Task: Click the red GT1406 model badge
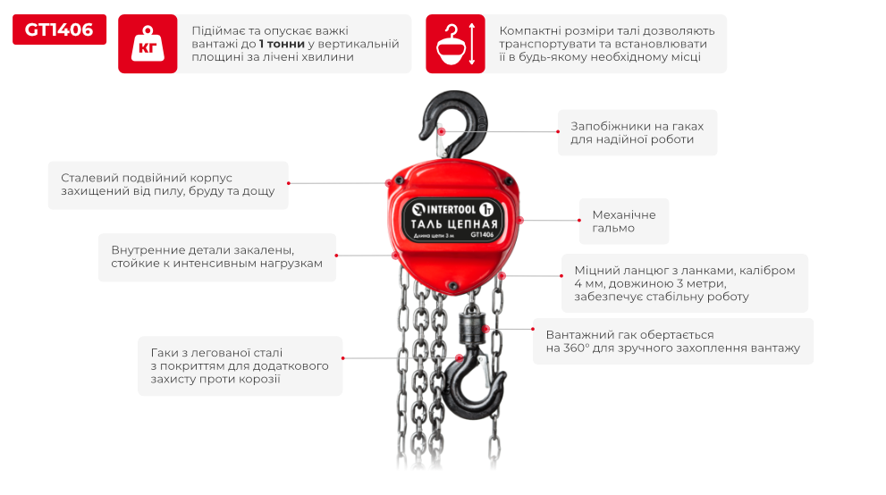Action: point(59,29)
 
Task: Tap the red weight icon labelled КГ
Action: point(148,44)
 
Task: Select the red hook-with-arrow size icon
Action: point(455,44)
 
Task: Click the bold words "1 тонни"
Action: point(282,44)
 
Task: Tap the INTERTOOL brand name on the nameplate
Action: point(451,209)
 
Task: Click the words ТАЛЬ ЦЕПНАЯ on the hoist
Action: point(454,224)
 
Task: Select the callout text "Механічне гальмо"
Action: point(624,222)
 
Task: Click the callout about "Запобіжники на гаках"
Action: point(637,132)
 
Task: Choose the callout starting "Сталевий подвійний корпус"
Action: point(168,185)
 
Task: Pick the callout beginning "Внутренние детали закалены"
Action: point(217,256)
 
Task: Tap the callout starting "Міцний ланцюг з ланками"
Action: point(684,283)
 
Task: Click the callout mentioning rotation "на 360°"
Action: point(672,341)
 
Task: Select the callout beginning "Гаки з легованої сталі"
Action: point(240,365)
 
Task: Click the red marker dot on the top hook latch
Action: point(442,131)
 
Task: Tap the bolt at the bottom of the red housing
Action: point(452,286)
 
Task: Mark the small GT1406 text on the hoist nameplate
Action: point(482,235)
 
